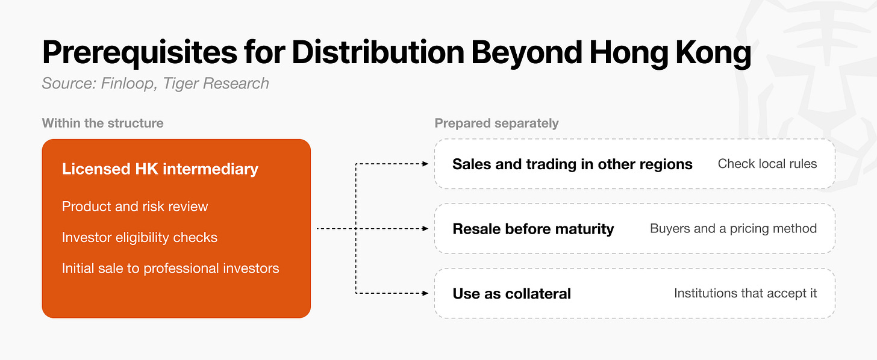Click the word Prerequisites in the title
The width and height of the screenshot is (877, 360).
click(x=140, y=53)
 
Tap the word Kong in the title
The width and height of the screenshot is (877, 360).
click(x=713, y=53)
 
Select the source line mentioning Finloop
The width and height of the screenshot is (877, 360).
click(x=155, y=83)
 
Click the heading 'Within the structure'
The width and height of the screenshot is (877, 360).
click(x=102, y=123)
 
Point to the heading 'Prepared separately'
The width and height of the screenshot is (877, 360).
click(x=496, y=123)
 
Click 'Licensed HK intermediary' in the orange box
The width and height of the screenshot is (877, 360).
click(x=160, y=169)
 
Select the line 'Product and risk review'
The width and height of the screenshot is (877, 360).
click(x=135, y=206)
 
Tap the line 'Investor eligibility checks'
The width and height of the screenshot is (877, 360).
click(x=139, y=237)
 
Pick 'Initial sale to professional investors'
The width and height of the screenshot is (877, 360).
click(x=170, y=268)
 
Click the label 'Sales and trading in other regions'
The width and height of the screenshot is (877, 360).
click(x=572, y=164)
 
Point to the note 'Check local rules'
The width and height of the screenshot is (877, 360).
click(x=767, y=164)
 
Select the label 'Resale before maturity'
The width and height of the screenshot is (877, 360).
click(x=533, y=229)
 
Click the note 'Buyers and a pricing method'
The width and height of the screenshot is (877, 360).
click(x=733, y=229)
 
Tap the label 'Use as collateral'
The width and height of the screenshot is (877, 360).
click(x=512, y=294)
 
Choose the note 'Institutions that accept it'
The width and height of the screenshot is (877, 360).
click(x=746, y=293)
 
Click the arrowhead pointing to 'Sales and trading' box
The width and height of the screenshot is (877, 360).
click(x=426, y=164)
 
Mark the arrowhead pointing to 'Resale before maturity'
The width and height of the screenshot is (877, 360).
click(x=426, y=229)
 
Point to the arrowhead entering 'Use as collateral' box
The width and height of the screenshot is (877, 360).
click(x=426, y=293)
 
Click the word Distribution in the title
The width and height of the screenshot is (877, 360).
click(x=378, y=52)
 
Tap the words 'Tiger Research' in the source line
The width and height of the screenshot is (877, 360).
click(x=216, y=83)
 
